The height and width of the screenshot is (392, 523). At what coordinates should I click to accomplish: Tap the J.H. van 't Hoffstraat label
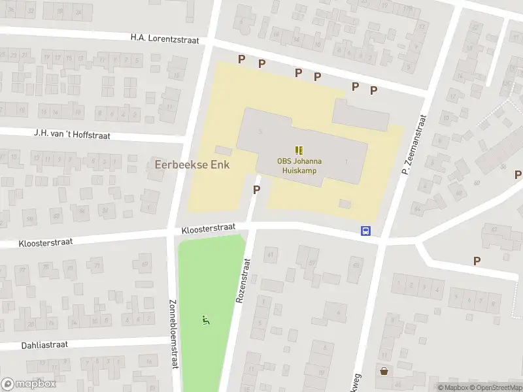pyautogui.click(x=73, y=135)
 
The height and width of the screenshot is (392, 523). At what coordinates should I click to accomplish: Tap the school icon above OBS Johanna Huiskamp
pyautogui.click(x=299, y=150)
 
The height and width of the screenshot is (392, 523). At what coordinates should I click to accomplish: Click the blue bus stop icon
pyautogui.click(x=366, y=231)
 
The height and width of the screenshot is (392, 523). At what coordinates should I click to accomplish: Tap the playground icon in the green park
pyautogui.click(x=205, y=320)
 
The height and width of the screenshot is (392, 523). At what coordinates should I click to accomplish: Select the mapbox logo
pyautogui.click(x=29, y=384)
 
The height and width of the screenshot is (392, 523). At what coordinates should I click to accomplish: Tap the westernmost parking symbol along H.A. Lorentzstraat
pyautogui.click(x=241, y=59)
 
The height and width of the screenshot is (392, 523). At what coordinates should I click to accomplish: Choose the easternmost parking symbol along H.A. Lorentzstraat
pyautogui.click(x=374, y=90)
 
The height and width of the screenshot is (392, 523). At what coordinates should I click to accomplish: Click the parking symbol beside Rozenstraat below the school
pyautogui.click(x=257, y=189)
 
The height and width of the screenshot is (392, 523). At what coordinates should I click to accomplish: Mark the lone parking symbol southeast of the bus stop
pyautogui.click(x=477, y=261)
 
